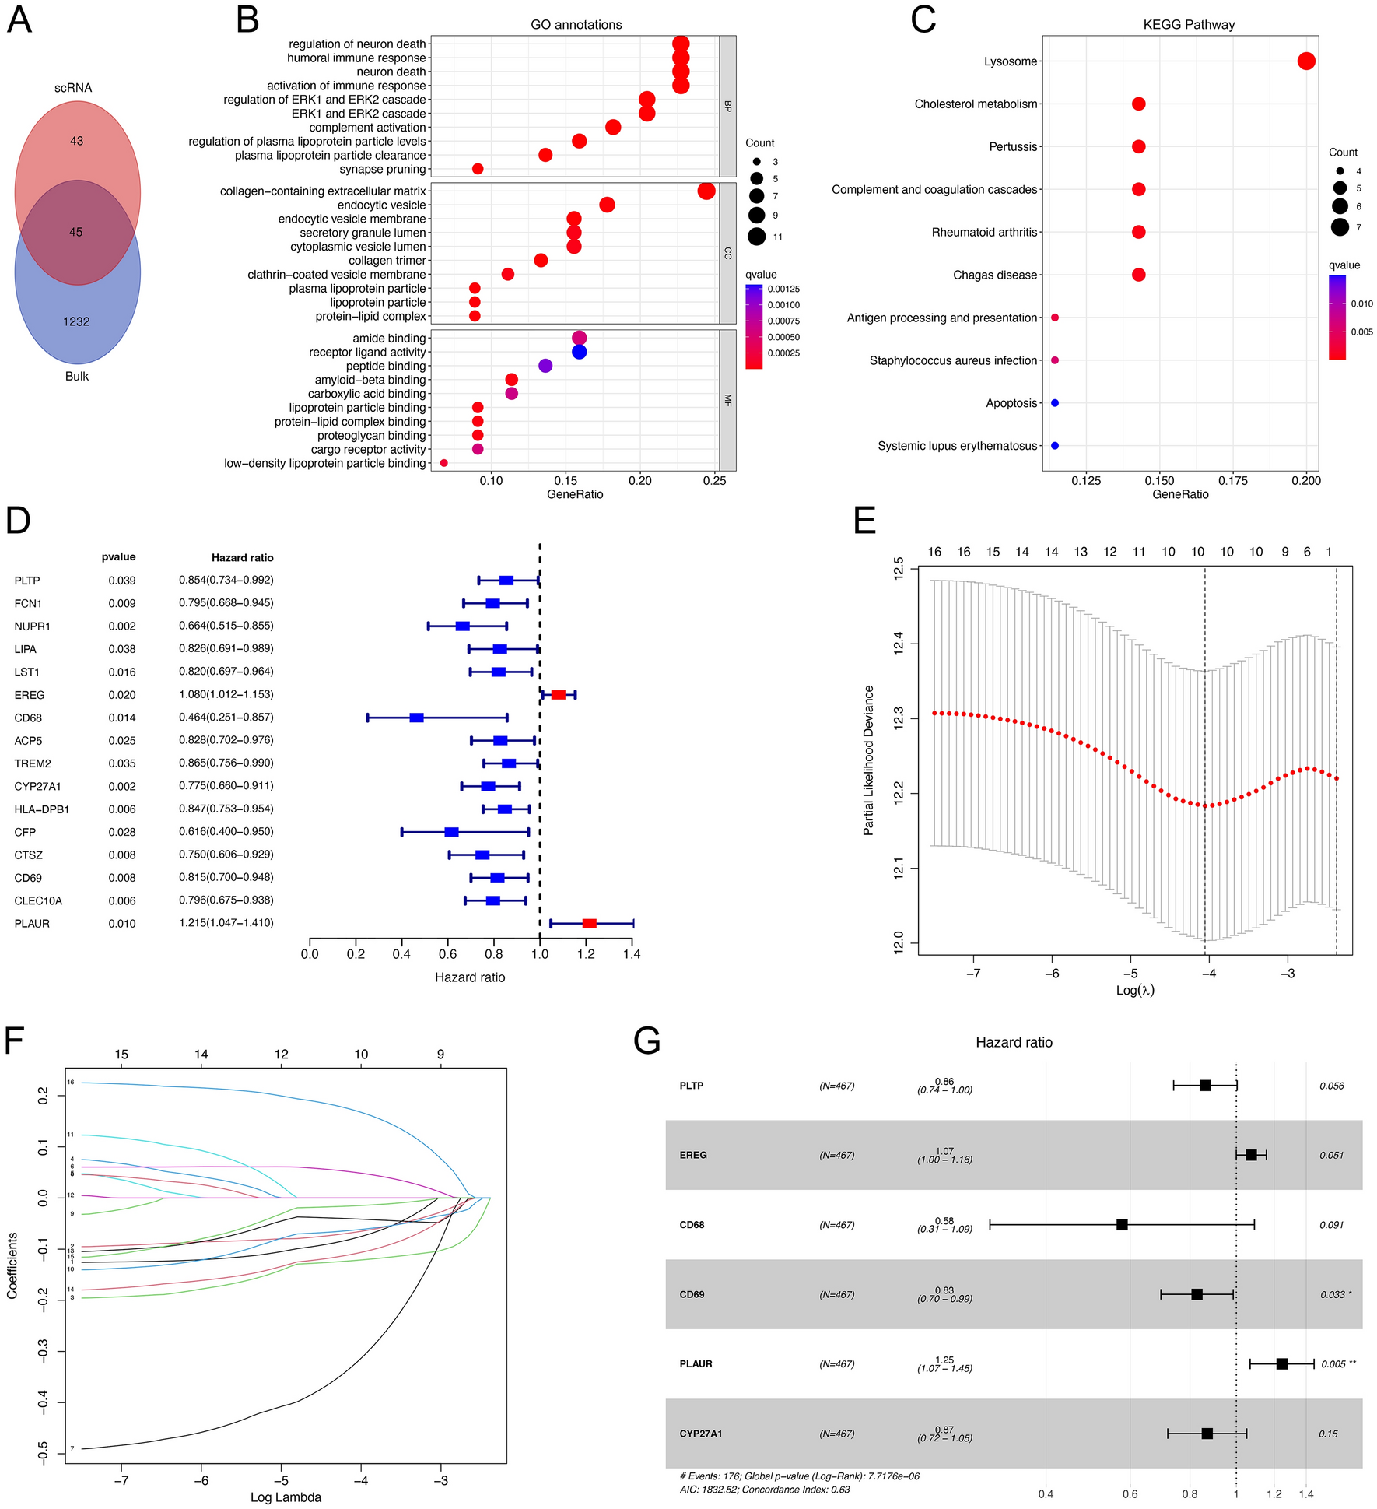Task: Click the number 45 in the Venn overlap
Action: (x=75, y=232)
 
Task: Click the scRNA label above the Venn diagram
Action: (x=73, y=88)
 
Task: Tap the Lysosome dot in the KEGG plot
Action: (x=1306, y=61)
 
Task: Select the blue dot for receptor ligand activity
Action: (x=579, y=352)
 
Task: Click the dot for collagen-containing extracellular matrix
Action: (x=706, y=191)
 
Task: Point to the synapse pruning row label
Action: (x=383, y=169)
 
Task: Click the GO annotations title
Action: (x=576, y=25)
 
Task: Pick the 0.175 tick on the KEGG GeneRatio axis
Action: (x=1232, y=480)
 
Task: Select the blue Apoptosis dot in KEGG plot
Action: (x=1055, y=403)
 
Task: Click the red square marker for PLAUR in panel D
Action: (x=589, y=923)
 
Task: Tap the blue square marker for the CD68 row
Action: (x=416, y=718)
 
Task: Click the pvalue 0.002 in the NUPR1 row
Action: (x=122, y=626)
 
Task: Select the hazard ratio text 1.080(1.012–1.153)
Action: (x=226, y=694)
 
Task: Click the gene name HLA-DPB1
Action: (x=42, y=809)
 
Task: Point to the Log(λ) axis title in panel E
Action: (x=1135, y=991)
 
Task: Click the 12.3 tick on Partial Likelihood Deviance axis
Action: (x=899, y=719)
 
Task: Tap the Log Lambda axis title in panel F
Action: (x=286, y=1497)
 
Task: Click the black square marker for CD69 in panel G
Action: (x=1197, y=1294)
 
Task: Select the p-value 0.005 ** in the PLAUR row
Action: (x=1338, y=1363)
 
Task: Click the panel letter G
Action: (x=647, y=1041)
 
